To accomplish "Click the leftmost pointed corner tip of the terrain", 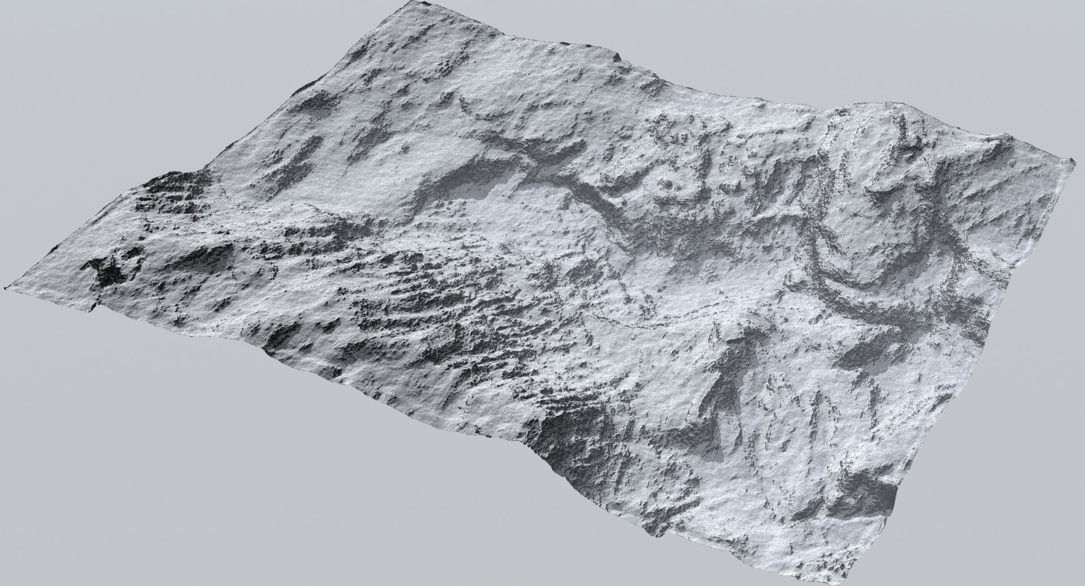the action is [x=6, y=288].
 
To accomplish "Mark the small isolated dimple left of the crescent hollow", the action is [x=405, y=150].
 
